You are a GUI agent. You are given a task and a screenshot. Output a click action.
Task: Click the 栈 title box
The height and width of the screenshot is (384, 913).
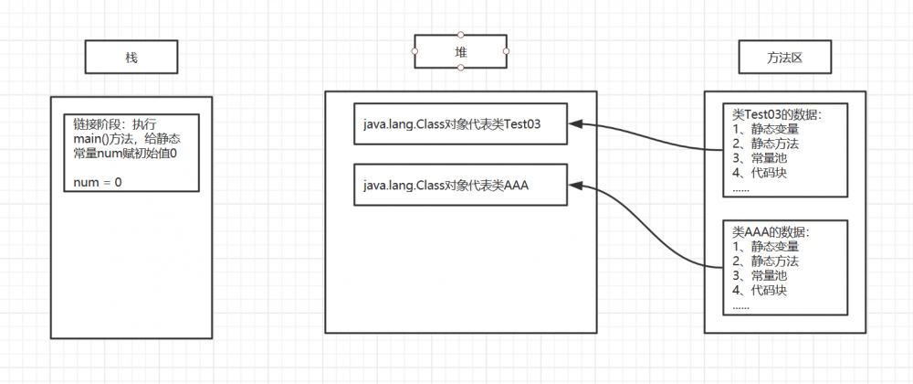tap(131, 58)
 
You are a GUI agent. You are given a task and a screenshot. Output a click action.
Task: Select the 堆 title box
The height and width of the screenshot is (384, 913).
tap(461, 51)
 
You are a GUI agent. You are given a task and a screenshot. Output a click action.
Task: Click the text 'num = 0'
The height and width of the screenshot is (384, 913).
tap(98, 183)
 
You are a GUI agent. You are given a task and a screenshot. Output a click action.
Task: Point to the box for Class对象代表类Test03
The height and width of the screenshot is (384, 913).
tap(461, 124)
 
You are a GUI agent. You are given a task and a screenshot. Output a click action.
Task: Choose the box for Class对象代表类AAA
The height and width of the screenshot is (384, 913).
tap(461, 186)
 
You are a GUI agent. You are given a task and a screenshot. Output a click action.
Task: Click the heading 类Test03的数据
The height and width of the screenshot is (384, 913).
tap(777, 115)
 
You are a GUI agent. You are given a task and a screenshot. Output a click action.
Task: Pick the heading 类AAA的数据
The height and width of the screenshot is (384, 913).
tap(771, 232)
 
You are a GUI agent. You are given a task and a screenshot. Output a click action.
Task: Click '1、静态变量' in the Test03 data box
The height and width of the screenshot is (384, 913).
tap(765, 130)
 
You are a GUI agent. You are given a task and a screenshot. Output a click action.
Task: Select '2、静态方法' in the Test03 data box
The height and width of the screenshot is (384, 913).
tap(765, 144)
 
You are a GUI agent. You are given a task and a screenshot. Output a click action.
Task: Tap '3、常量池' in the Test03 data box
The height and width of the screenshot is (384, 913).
tap(760, 159)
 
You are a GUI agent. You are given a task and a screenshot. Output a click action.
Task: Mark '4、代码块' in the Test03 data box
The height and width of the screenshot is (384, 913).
tap(760, 174)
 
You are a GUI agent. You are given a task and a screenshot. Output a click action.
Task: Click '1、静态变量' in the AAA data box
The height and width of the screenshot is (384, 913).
tap(765, 247)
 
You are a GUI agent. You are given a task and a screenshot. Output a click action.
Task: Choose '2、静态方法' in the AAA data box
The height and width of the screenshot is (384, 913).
tap(765, 261)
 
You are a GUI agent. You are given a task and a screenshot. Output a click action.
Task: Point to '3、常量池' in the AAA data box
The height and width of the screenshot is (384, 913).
tap(760, 276)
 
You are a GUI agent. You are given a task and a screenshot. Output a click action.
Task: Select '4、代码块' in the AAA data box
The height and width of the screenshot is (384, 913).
tap(760, 291)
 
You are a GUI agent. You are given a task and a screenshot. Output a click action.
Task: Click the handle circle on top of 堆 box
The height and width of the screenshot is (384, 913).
tap(461, 35)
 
